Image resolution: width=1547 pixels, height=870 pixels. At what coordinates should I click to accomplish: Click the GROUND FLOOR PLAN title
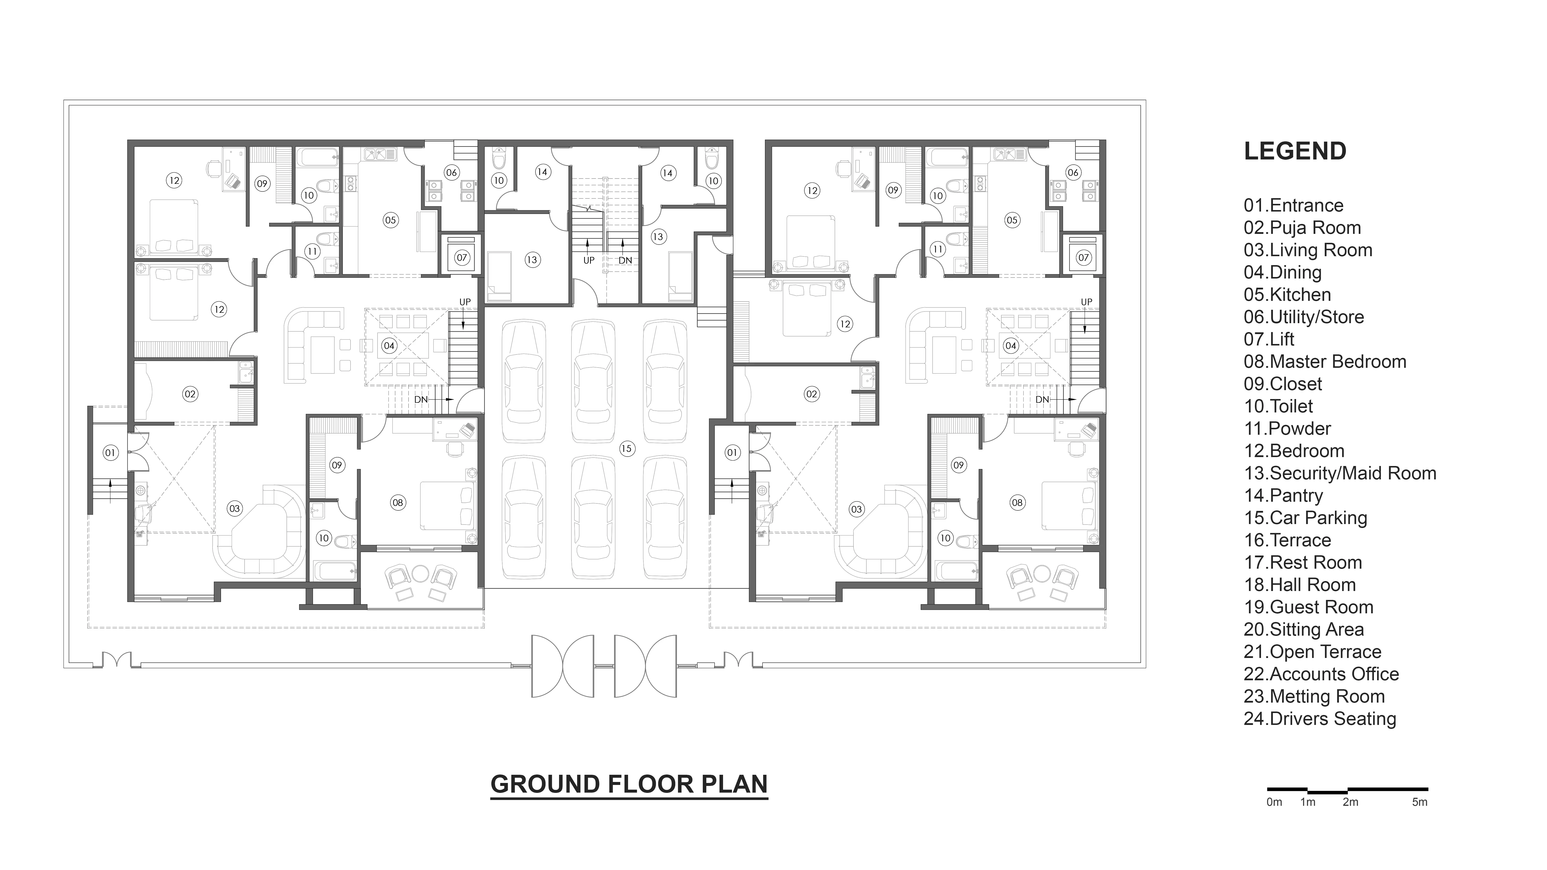pyautogui.click(x=629, y=784)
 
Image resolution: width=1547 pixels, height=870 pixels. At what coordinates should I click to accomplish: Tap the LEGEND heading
pyautogui.click(x=1295, y=151)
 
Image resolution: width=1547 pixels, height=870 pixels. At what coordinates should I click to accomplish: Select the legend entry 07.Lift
pyautogui.click(x=1269, y=339)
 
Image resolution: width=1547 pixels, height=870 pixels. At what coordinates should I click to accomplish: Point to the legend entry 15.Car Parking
pyautogui.click(x=1305, y=518)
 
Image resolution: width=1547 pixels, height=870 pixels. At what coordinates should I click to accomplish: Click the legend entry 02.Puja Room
pyautogui.click(x=1302, y=228)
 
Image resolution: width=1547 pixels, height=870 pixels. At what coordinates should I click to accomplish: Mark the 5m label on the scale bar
pyautogui.click(x=1420, y=802)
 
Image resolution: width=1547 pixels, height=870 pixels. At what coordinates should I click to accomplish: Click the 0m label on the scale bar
pyautogui.click(x=1274, y=802)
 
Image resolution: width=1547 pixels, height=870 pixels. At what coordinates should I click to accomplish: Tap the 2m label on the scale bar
pyautogui.click(x=1351, y=802)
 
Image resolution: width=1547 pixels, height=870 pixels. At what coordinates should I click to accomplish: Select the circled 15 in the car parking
pyautogui.click(x=627, y=448)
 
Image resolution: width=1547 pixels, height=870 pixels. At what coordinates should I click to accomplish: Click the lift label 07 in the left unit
pyautogui.click(x=461, y=258)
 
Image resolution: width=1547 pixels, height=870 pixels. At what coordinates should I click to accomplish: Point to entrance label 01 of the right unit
pyautogui.click(x=732, y=453)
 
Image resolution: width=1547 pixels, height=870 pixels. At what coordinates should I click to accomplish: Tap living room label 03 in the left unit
pyautogui.click(x=234, y=509)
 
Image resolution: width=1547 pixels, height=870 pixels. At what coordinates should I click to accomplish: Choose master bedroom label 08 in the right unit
pyautogui.click(x=1017, y=502)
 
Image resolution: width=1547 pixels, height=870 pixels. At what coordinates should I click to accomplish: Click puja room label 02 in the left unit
pyautogui.click(x=190, y=394)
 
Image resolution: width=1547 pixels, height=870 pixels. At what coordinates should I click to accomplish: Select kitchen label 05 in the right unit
pyautogui.click(x=1012, y=220)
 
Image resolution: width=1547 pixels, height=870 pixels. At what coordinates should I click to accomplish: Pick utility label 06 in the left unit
pyautogui.click(x=452, y=172)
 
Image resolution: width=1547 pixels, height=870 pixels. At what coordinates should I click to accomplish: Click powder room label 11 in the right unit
pyautogui.click(x=937, y=249)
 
